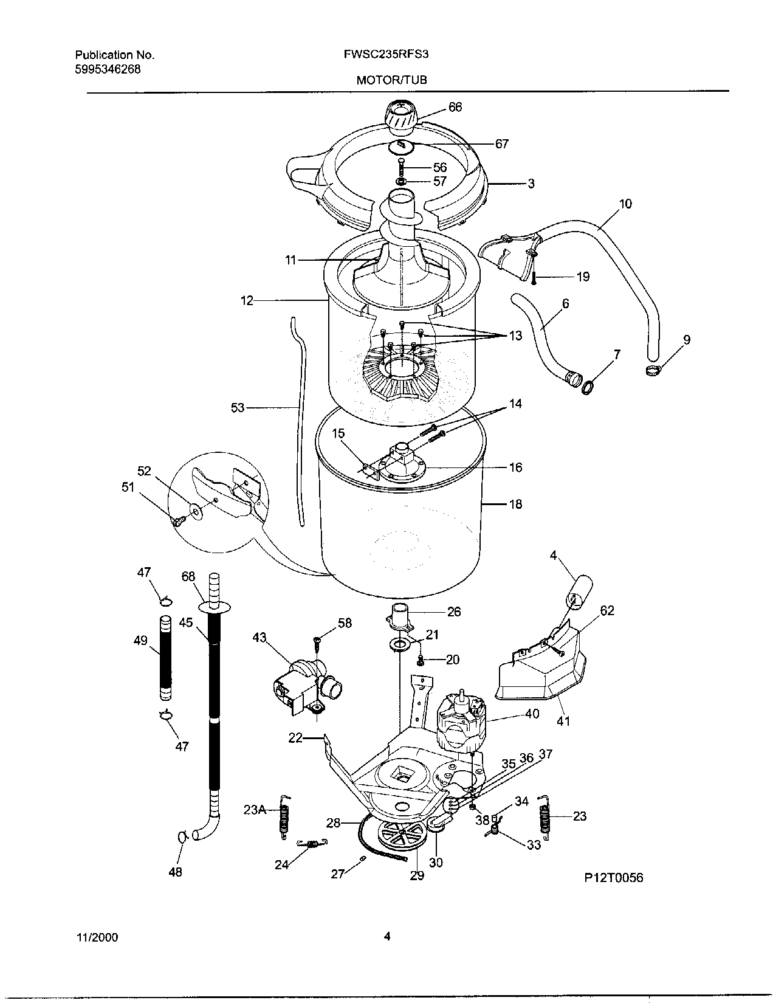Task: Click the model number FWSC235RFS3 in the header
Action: click(x=386, y=54)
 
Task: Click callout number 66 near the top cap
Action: click(x=455, y=108)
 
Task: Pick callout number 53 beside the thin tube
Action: click(x=237, y=407)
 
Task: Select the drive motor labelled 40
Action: click(x=461, y=723)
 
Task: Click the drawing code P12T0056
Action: click(x=613, y=877)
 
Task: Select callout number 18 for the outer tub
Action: click(x=515, y=504)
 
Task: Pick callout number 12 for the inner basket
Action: click(x=247, y=300)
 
